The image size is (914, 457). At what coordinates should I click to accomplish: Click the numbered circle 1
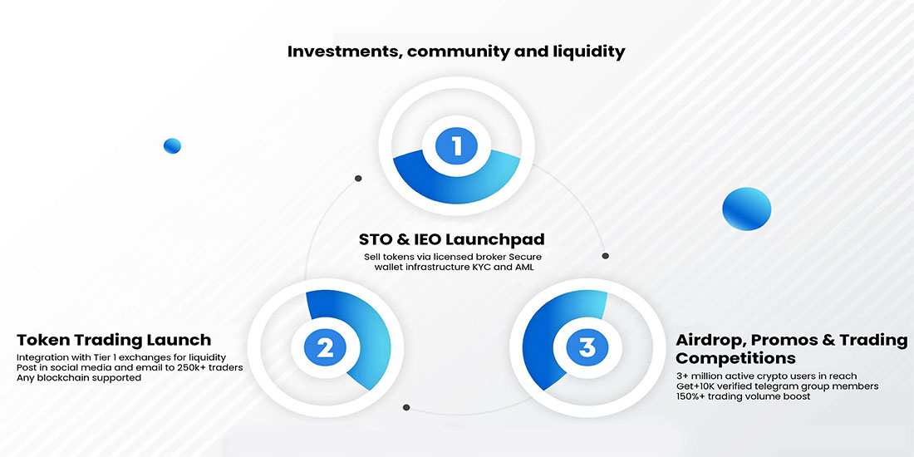456,147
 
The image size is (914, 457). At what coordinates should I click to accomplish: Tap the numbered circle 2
324,346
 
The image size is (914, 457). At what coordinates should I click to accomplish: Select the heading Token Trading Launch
114,340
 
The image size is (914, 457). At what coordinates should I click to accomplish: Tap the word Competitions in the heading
735,358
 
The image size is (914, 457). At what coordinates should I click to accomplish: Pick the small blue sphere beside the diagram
172,146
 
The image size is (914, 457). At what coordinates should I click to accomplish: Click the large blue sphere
747,208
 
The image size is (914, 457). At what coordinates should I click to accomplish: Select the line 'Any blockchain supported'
79,378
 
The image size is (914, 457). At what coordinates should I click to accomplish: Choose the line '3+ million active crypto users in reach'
766,376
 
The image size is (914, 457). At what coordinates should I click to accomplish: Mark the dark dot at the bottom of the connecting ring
406,407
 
